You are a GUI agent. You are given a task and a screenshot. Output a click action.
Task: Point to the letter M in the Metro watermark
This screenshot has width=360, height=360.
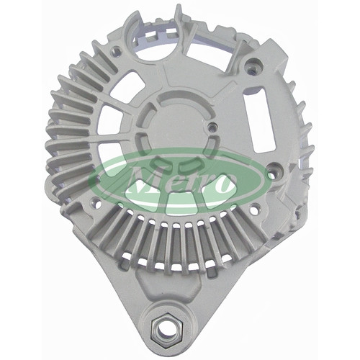(143, 181)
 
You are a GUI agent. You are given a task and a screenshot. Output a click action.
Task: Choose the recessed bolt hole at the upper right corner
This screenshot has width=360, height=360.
(253, 66)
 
